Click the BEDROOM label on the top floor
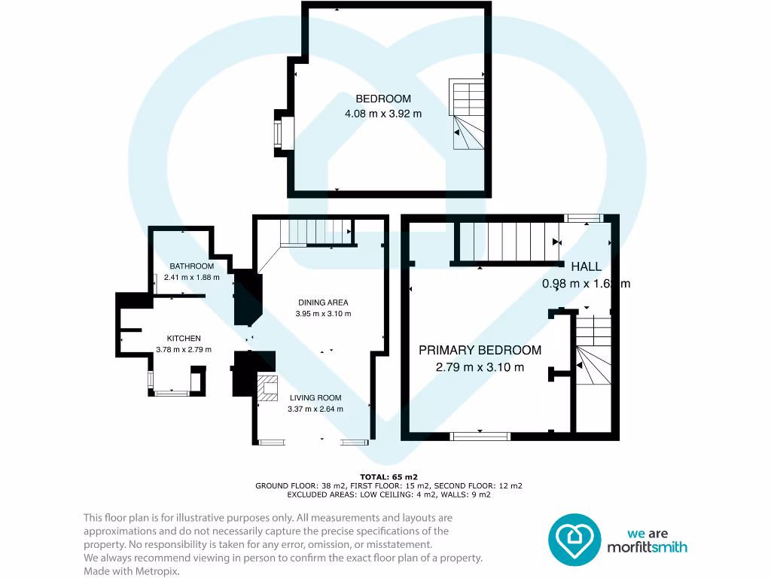click(x=383, y=99)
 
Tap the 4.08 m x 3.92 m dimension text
click(x=383, y=114)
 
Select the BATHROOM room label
click(x=191, y=266)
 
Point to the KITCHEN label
click(x=184, y=339)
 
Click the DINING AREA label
click(x=322, y=303)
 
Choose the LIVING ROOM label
click(x=315, y=398)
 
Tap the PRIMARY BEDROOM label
click(x=480, y=350)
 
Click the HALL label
click(x=586, y=266)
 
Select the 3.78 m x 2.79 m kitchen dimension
click(x=184, y=349)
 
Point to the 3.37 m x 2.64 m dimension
click(x=315, y=409)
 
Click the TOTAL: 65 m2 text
click(x=389, y=476)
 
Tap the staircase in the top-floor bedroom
click(x=467, y=116)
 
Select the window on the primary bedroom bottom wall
click(x=480, y=435)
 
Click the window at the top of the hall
click(x=584, y=218)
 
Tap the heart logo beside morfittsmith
click(x=573, y=539)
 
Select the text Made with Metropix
click(x=132, y=571)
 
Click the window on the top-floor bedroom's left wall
click(x=279, y=134)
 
